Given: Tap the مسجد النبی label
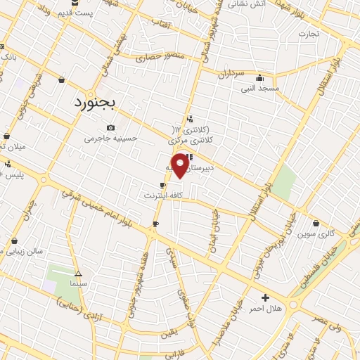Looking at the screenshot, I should point(260,89).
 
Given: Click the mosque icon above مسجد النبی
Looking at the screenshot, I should point(261,78).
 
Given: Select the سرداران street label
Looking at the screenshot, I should point(230,73).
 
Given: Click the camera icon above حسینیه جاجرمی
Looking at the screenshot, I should point(110,127).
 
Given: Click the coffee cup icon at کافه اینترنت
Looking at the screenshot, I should point(163,185).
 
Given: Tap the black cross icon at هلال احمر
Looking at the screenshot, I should point(265,297).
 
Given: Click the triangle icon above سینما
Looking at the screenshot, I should point(78,274).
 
